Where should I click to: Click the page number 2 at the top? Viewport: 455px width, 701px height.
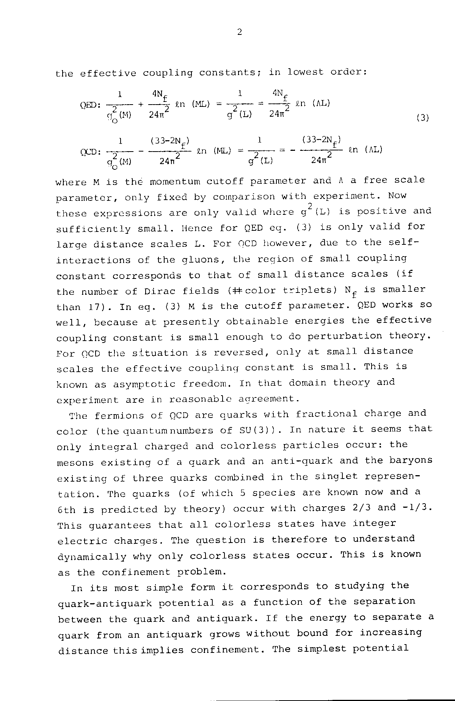click(x=239, y=32)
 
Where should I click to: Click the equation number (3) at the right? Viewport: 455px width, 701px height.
click(x=422, y=118)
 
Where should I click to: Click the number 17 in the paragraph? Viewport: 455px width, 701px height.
click(x=94, y=307)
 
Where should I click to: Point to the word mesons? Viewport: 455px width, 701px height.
click(x=75, y=463)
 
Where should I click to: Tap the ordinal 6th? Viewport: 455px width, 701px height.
click(x=67, y=510)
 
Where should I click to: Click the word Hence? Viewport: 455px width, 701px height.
click(x=197, y=228)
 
